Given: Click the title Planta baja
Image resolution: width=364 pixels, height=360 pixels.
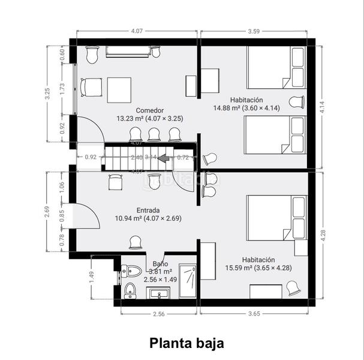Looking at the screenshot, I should [x=186, y=343].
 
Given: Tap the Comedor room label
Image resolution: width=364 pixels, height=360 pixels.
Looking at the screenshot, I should [x=149, y=110].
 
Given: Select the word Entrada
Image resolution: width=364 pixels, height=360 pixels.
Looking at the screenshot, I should [x=148, y=211].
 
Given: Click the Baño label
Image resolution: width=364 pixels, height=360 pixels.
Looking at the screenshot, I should [x=160, y=263].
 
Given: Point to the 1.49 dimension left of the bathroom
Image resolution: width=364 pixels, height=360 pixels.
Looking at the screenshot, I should [x=92, y=277].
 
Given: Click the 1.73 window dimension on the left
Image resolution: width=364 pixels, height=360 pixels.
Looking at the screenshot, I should [x=62, y=87].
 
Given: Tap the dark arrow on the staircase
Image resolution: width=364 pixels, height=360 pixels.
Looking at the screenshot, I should [x=162, y=158].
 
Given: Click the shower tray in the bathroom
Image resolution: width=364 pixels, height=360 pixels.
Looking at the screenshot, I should [x=188, y=281].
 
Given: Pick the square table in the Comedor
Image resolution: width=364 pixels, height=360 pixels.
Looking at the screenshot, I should [x=119, y=89].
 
